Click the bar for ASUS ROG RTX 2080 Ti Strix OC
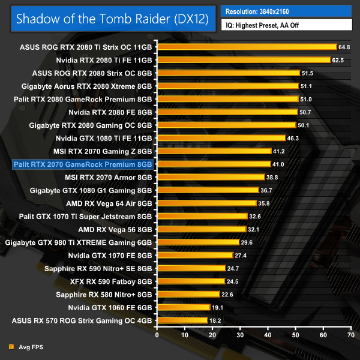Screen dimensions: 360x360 (247, 46)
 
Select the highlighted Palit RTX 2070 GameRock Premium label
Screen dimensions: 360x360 (82, 164)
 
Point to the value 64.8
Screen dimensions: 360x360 (344, 46)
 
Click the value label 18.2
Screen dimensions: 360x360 (215, 320)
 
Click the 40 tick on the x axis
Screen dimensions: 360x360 (268, 333)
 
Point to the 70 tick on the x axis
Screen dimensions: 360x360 (351, 333)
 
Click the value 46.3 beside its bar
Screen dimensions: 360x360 (293, 138)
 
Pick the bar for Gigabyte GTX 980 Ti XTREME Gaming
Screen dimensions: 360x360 (198, 242)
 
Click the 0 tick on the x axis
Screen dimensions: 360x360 (157, 333)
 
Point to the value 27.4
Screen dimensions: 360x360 (241, 255)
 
